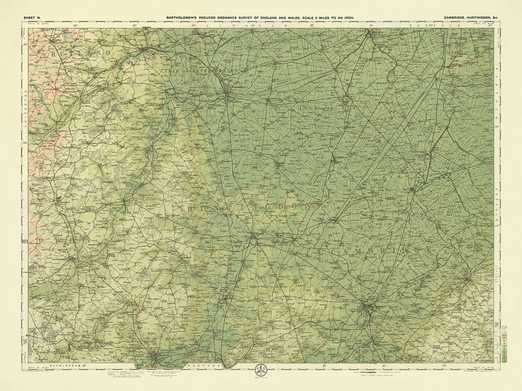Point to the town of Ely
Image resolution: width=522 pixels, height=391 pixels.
(413, 189)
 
